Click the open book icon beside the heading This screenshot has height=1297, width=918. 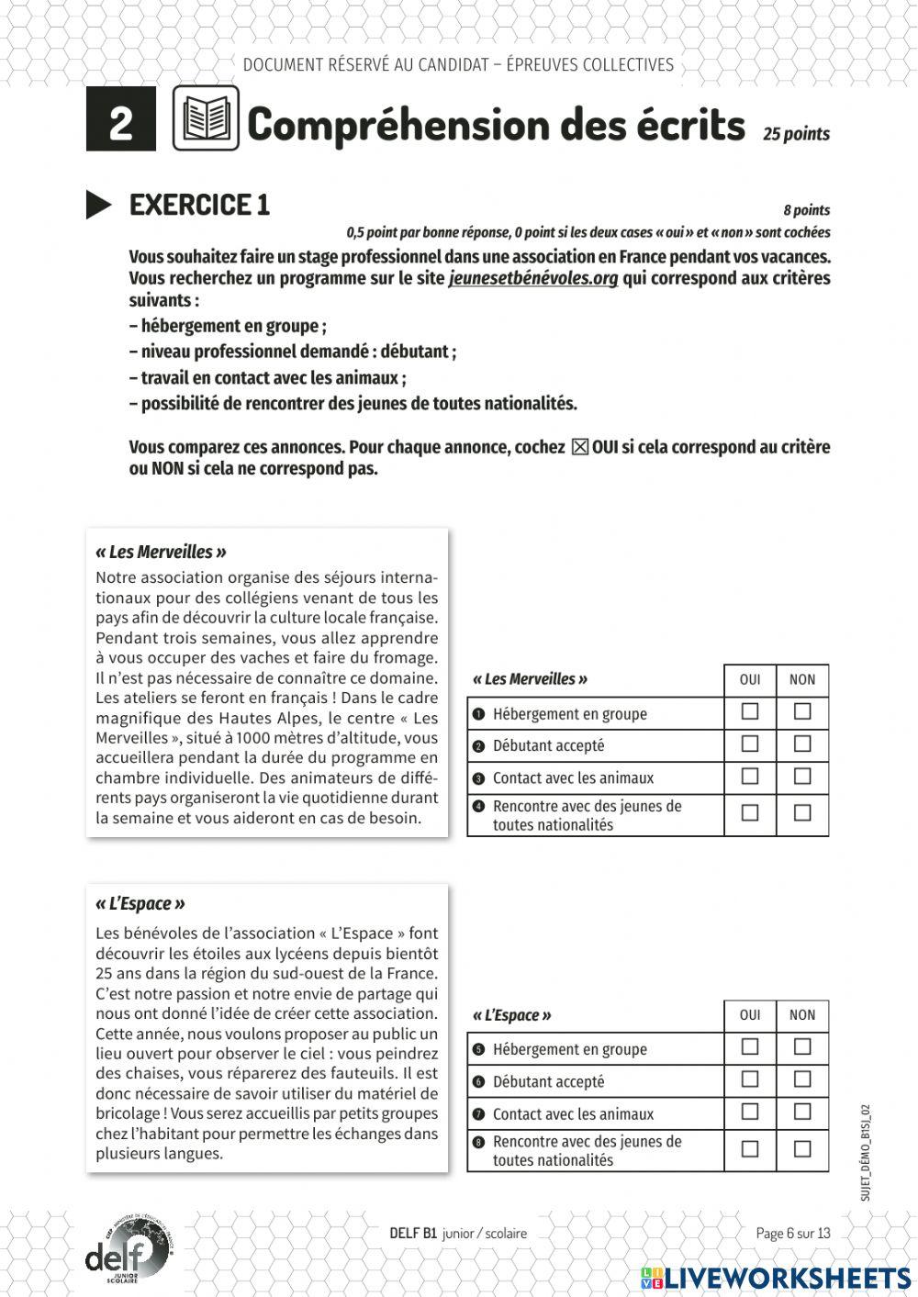click(206, 118)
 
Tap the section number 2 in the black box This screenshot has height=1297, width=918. click(120, 120)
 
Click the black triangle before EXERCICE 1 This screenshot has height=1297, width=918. click(98, 205)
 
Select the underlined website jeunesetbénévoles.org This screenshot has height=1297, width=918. click(532, 278)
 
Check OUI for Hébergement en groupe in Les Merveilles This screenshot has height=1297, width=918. click(750, 711)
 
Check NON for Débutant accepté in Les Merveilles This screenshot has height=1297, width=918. click(802, 744)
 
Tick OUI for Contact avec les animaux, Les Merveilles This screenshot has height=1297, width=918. click(750, 777)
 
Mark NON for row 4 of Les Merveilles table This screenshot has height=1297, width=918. click(802, 812)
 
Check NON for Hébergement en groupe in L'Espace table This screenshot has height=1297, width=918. click(802, 1046)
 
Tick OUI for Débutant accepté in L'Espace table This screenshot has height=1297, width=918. click(750, 1079)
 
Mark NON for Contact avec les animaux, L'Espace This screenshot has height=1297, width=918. click(802, 1112)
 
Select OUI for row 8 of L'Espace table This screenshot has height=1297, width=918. click(750, 1148)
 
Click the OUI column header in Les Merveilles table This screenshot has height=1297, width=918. click(750, 679)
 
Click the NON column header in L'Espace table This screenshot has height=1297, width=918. click(802, 1014)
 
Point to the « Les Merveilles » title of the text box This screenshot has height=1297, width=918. click(161, 552)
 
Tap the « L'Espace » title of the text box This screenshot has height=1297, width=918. click(140, 903)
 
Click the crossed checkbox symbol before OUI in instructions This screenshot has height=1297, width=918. click(579, 447)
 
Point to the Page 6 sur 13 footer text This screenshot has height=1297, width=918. click(792, 1233)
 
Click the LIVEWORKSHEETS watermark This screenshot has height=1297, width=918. click(776, 1278)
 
